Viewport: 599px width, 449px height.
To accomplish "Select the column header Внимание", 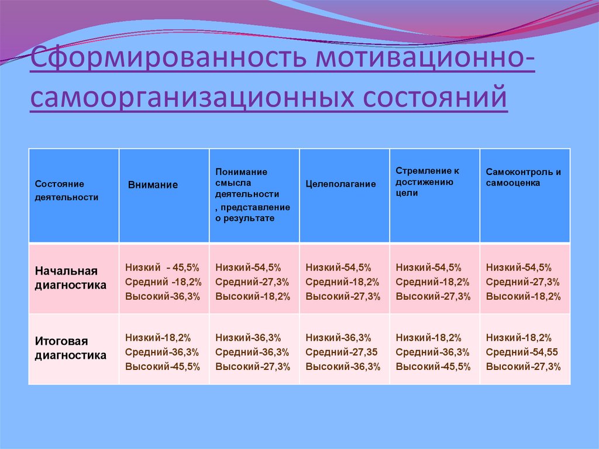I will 153,184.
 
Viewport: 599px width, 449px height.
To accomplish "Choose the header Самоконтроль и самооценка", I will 524,177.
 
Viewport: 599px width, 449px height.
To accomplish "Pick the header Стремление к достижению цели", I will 427,181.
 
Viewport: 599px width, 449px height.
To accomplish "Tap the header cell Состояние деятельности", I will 66,190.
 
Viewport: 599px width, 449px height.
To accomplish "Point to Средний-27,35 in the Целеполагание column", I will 341,352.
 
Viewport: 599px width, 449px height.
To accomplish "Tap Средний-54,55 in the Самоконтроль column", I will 522,352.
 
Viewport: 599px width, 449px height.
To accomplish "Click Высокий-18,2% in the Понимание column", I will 253,296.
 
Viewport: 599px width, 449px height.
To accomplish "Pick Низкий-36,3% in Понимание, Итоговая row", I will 248,338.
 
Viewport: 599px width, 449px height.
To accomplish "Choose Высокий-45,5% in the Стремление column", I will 433,367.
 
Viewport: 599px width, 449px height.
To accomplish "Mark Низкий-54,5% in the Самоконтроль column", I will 518,268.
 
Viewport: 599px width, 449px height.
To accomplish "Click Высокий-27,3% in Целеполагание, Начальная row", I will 343,296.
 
